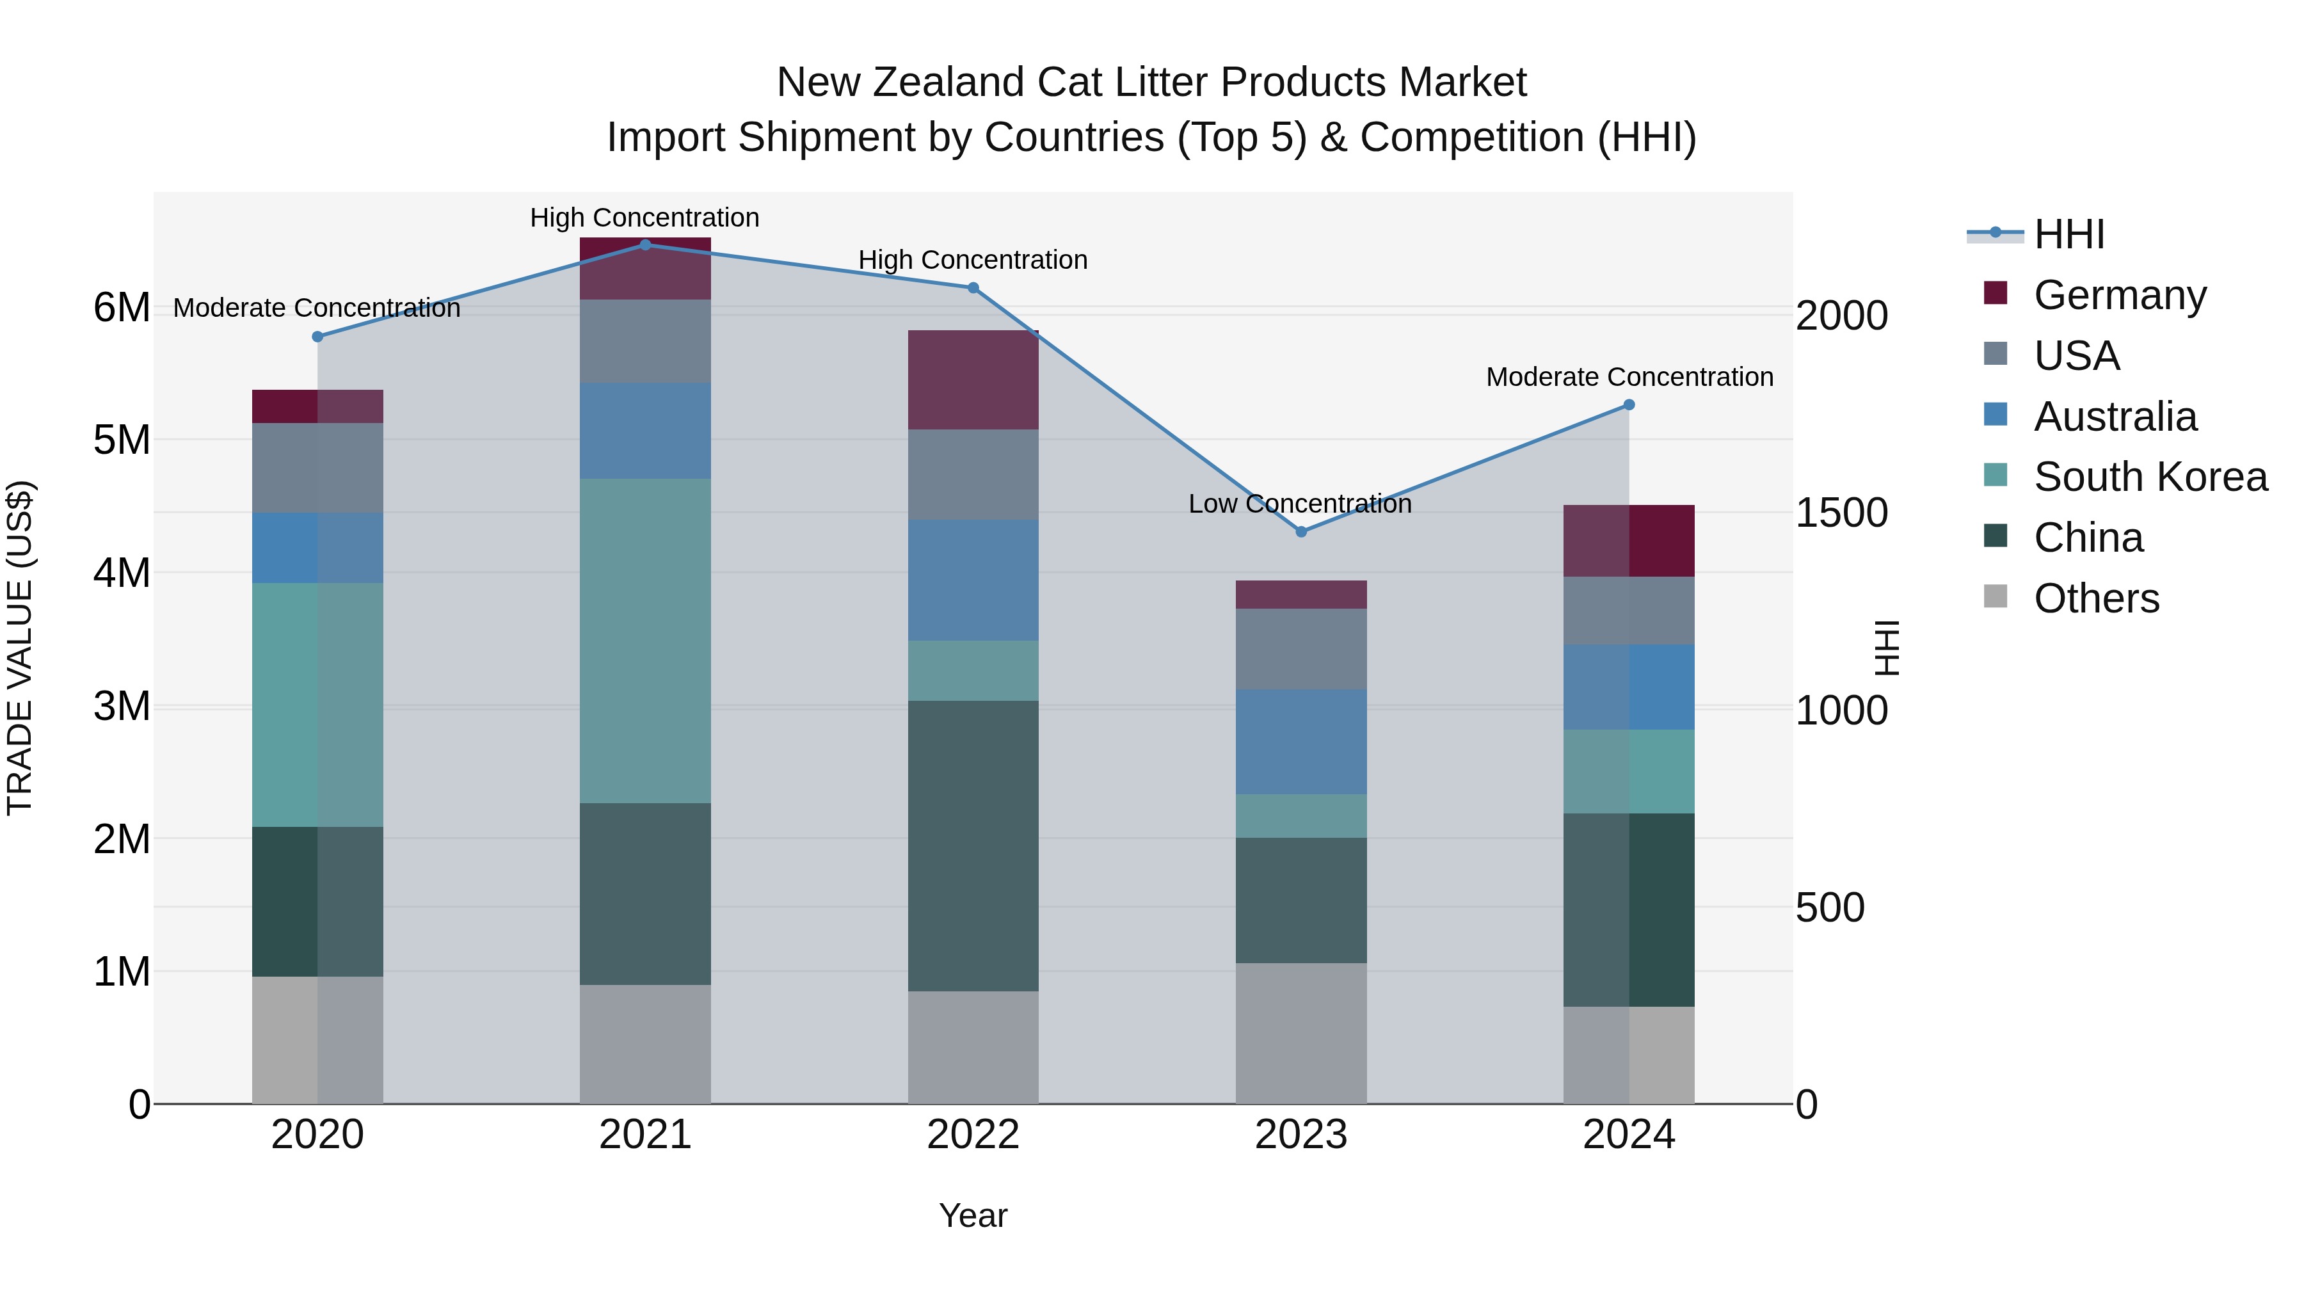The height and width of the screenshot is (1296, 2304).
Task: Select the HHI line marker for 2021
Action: click(645, 245)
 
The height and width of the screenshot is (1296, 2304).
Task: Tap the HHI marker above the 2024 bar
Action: click(1629, 405)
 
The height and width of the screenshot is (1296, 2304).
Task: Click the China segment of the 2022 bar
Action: click(973, 845)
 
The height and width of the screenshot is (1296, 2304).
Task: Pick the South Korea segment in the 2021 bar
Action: click(645, 641)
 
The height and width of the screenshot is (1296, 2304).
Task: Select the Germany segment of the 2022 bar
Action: click(973, 380)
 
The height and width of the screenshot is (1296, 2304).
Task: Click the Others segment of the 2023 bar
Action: click(1301, 1033)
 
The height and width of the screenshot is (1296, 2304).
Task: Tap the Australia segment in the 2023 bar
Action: click(1301, 742)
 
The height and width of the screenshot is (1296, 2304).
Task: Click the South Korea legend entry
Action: click(2150, 477)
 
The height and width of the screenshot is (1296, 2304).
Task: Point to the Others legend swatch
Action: click(1996, 596)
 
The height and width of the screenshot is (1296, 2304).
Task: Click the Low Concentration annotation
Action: click(1300, 504)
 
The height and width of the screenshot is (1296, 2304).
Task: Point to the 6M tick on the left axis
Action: click(122, 308)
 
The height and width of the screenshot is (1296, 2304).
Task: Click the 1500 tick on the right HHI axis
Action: click(1841, 513)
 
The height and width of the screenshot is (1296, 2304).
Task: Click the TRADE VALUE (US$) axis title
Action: click(20, 648)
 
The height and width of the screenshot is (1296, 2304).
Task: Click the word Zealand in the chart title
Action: click(951, 83)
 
